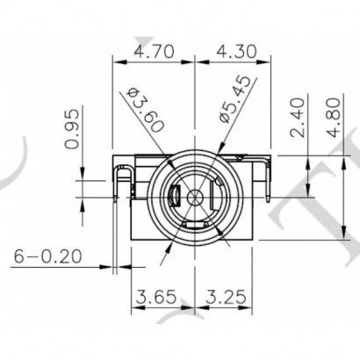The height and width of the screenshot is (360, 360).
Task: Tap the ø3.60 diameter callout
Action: (x=146, y=110)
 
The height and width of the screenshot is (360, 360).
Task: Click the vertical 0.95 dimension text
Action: (x=75, y=130)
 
